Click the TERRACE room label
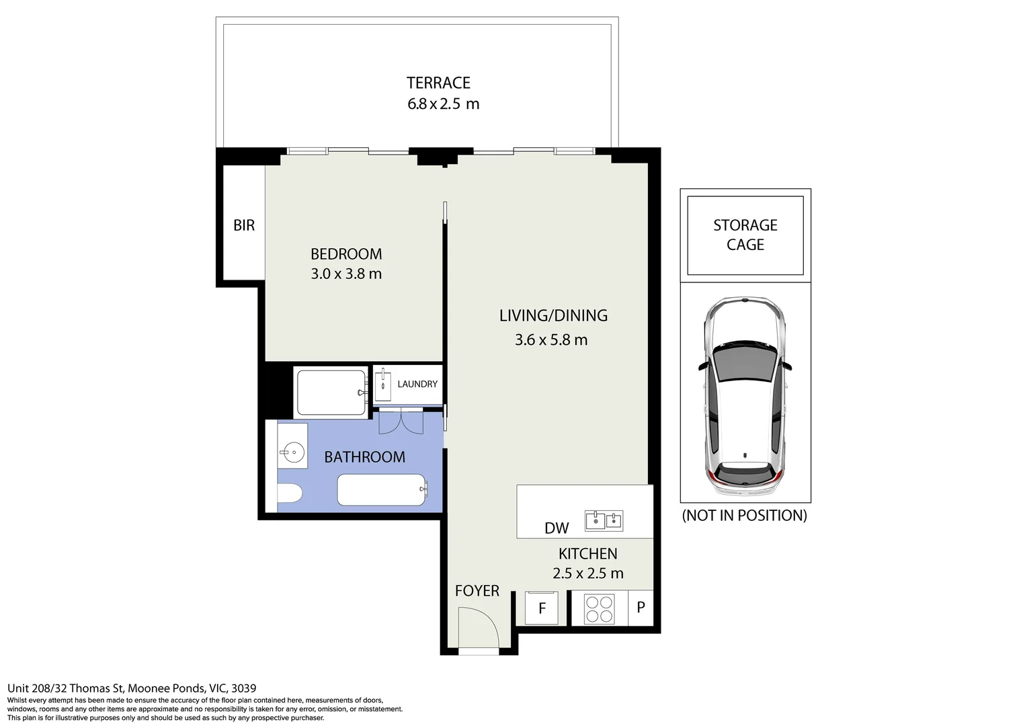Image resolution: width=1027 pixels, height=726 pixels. [438, 83]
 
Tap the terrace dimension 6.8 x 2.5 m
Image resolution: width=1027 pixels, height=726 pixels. [444, 104]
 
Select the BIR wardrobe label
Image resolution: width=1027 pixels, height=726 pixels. [244, 225]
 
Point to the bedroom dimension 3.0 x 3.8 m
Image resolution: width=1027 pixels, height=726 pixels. [346, 274]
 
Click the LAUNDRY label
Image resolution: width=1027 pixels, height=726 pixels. [417, 384]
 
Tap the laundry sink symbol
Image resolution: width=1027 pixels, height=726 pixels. [383, 385]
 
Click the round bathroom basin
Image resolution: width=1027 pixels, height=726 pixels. [292, 453]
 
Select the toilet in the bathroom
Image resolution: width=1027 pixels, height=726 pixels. [290, 493]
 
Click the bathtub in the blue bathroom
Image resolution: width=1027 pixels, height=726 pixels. [382, 490]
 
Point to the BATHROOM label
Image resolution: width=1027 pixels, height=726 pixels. [364, 457]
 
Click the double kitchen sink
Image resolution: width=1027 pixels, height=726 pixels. [604, 520]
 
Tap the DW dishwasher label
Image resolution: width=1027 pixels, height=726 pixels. [557, 528]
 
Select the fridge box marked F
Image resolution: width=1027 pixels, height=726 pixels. [542, 608]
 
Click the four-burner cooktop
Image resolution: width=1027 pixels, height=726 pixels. [600, 609]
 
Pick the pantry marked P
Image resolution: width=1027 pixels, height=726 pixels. [641, 608]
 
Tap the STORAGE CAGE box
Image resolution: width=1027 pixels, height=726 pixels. [745, 235]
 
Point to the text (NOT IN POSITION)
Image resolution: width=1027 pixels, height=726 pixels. [744, 515]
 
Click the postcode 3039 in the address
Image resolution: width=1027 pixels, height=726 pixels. [244, 688]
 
